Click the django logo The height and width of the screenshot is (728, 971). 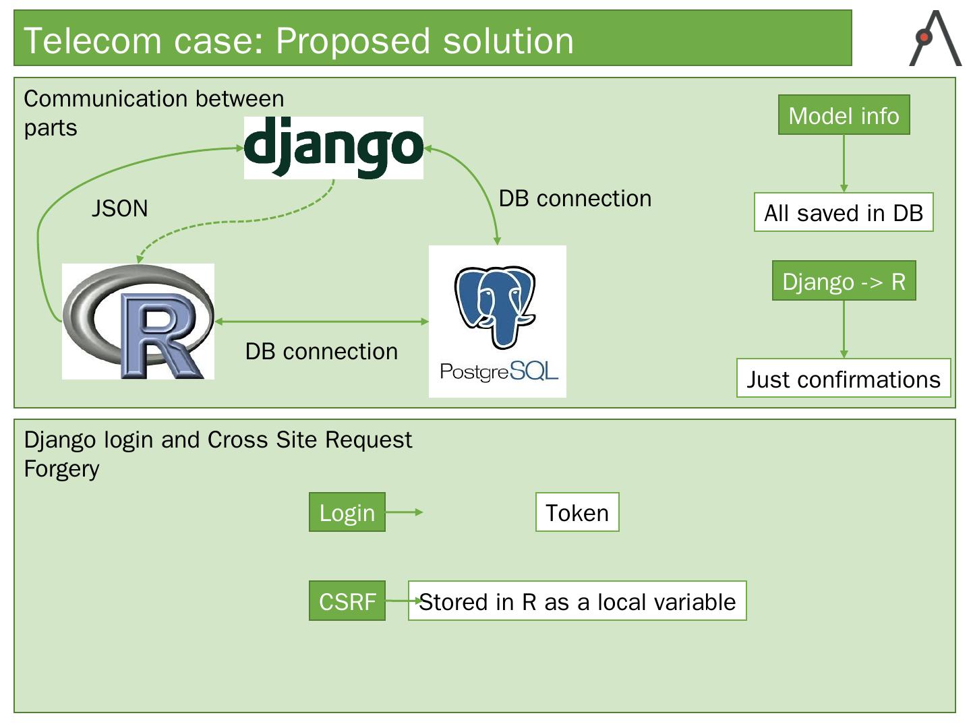click(x=334, y=148)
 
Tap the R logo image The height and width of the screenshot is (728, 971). click(x=138, y=322)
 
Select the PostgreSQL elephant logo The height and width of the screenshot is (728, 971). click(x=497, y=322)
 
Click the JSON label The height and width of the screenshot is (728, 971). click(x=119, y=208)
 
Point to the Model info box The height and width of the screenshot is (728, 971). click(x=844, y=115)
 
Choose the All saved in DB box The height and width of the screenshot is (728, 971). click(x=844, y=212)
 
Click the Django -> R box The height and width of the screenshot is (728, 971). click(x=844, y=280)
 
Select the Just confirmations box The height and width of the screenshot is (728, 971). click(x=844, y=378)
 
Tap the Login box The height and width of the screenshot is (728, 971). click(x=347, y=512)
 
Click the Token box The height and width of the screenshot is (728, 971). click(x=577, y=512)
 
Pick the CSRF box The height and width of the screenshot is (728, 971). click(x=347, y=601)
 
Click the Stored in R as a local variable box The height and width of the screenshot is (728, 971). click(x=577, y=601)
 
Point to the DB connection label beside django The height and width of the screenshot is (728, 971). click(x=575, y=198)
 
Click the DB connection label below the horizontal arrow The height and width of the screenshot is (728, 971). click(x=322, y=352)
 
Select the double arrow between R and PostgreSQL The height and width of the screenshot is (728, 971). click(x=322, y=322)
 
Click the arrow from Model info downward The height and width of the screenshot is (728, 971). click(x=844, y=164)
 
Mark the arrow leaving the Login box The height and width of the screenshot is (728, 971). click(x=405, y=512)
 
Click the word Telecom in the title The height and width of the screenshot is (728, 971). click(x=92, y=40)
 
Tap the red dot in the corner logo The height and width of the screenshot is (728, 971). click(x=924, y=37)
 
